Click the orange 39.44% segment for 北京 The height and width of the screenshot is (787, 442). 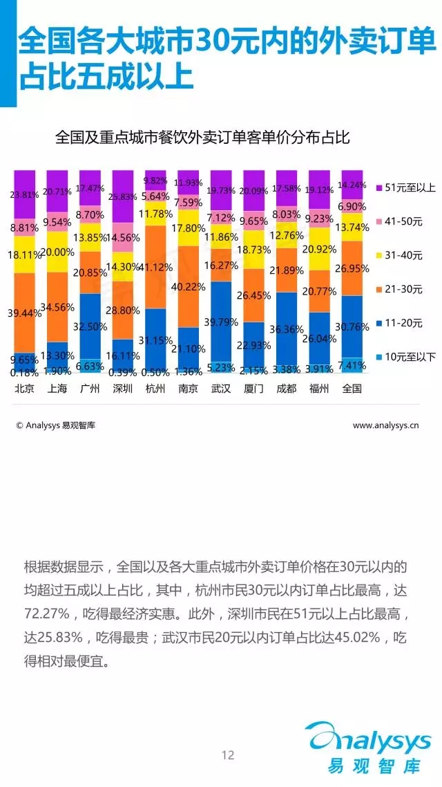tap(24, 313)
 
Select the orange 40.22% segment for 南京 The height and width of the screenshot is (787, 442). tap(189, 287)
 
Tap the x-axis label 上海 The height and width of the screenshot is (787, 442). tap(57, 389)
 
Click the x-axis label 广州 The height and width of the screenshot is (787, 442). tap(90, 389)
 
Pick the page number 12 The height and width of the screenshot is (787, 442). tap(228, 755)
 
